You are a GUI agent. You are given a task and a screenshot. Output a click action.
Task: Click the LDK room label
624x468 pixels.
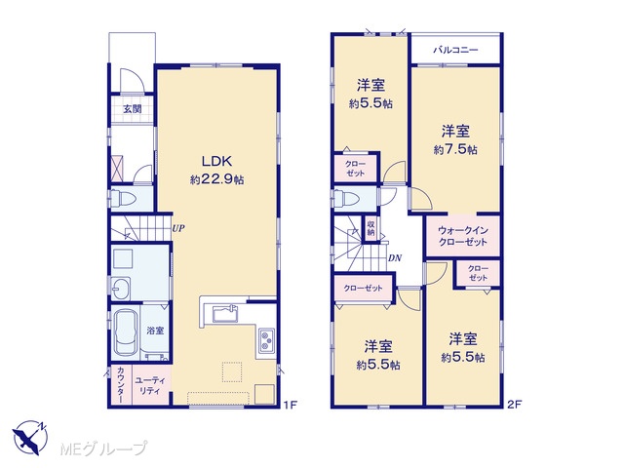(216, 161)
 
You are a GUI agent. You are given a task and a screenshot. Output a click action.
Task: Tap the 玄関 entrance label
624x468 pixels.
(133, 108)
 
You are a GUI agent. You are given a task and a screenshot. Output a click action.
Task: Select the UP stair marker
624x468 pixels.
(177, 228)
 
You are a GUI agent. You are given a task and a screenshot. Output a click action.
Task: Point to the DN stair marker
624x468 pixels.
(395, 258)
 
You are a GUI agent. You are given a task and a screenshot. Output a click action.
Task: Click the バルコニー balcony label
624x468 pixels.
(455, 50)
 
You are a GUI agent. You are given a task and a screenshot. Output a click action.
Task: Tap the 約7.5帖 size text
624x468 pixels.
(455, 149)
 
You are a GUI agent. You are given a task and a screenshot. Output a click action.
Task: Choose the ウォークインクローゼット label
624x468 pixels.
(463, 236)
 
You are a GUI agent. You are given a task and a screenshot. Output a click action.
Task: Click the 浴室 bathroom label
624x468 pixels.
(155, 331)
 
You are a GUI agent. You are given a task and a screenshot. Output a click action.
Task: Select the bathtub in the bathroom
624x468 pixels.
(126, 331)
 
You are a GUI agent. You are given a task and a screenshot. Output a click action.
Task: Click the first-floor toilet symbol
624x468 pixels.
(123, 199)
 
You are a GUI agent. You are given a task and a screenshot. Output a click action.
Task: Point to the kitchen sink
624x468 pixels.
(225, 314)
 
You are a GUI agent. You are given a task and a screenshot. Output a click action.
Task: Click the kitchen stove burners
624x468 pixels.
(266, 340)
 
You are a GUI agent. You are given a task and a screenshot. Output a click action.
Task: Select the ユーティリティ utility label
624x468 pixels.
(150, 386)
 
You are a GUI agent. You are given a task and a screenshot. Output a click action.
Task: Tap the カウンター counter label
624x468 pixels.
(120, 385)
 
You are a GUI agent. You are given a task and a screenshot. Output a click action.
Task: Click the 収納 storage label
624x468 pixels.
(370, 228)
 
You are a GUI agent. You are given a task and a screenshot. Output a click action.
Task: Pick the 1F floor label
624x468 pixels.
(291, 405)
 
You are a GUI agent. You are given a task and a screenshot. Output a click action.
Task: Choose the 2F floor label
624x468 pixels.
(515, 405)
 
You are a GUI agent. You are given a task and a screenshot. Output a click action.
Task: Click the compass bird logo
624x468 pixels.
(30, 438)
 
